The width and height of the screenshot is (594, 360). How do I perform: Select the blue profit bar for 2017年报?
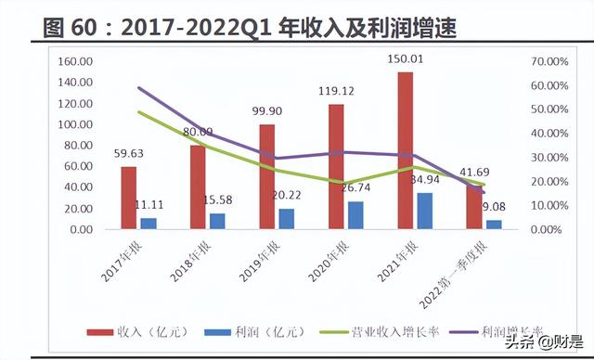(148, 223)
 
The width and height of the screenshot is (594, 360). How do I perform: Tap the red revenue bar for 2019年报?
(267, 176)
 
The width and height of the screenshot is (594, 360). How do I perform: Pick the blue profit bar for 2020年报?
(355, 214)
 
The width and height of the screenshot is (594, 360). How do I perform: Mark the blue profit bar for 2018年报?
(217, 220)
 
